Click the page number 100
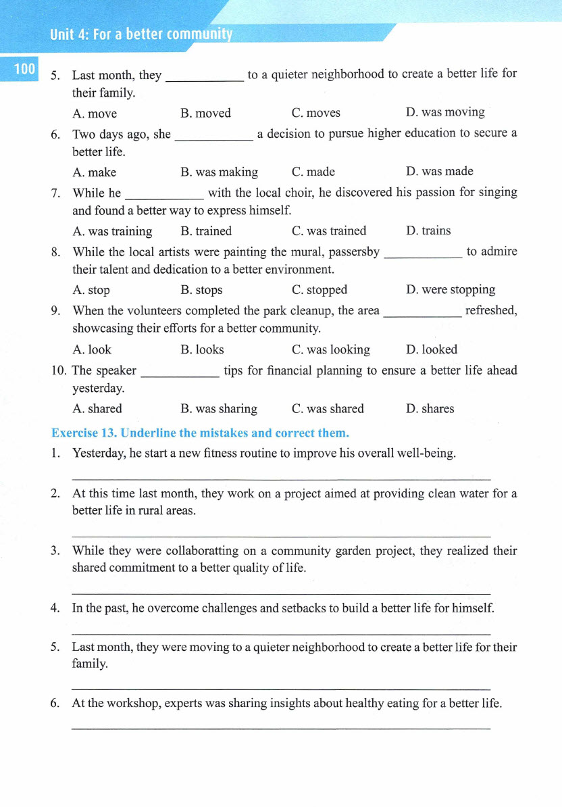pyautogui.click(x=24, y=68)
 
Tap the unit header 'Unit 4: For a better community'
pyautogui.click(x=140, y=34)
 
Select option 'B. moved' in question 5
pyautogui.click(x=205, y=113)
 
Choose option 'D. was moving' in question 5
pyautogui.click(x=445, y=112)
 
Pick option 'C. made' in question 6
pyautogui.click(x=313, y=172)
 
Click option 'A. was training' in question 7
pyautogui.click(x=112, y=231)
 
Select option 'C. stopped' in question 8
pyautogui.click(x=319, y=290)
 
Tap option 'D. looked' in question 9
pyautogui.click(x=432, y=349)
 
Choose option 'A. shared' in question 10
pyautogui.click(x=97, y=408)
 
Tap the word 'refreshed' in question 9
pyautogui.click(x=491, y=310)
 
